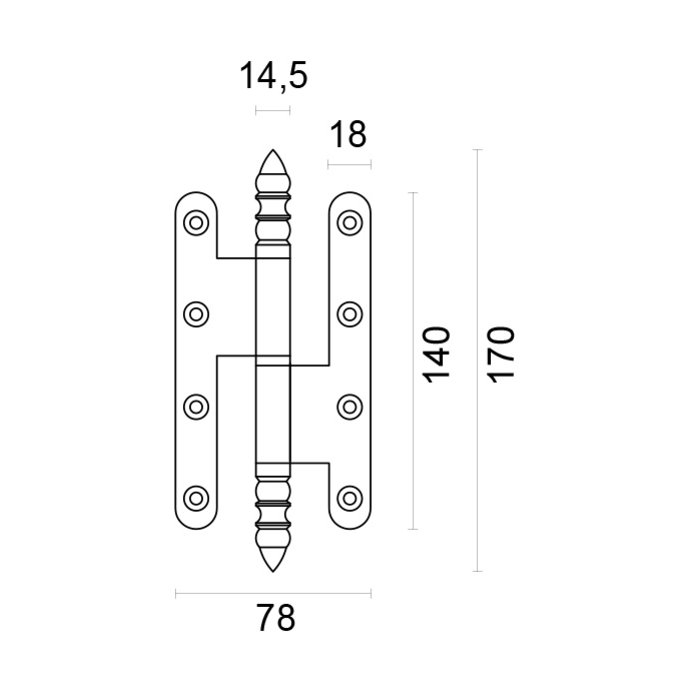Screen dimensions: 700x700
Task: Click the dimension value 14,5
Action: (x=272, y=76)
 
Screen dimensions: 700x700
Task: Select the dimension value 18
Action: (x=348, y=133)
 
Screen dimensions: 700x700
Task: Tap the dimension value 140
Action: (x=437, y=354)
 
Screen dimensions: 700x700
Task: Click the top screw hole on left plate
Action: (x=197, y=222)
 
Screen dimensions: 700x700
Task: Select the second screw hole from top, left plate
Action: (x=197, y=314)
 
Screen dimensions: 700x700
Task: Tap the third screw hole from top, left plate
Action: (x=197, y=406)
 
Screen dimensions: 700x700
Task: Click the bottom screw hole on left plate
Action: (x=197, y=496)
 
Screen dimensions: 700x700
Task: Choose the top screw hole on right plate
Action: (x=349, y=222)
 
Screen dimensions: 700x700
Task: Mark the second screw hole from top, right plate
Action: (x=349, y=314)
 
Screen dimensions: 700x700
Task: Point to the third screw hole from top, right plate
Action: (x=349, y=406)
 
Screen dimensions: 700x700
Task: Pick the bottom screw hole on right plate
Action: (x=349, y=496)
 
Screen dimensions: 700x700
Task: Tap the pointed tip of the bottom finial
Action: (x=272, y=571)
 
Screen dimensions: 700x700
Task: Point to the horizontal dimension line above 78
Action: (x=273, y=594)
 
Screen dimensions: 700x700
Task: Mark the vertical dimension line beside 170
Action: (x=477, y=360)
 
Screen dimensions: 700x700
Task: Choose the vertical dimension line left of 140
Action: (x=413, y=360)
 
